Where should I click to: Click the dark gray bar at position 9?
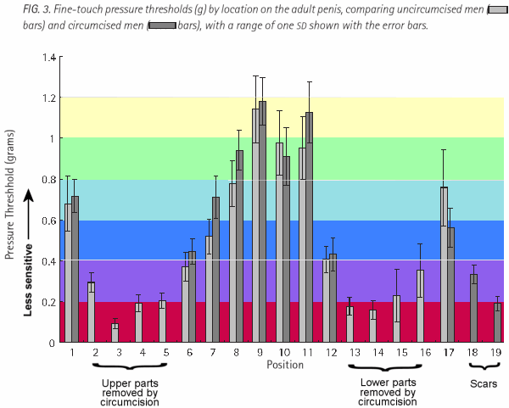262,222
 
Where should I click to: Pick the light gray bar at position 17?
444,265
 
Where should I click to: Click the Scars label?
485,383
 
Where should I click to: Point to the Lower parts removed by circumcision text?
386,392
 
